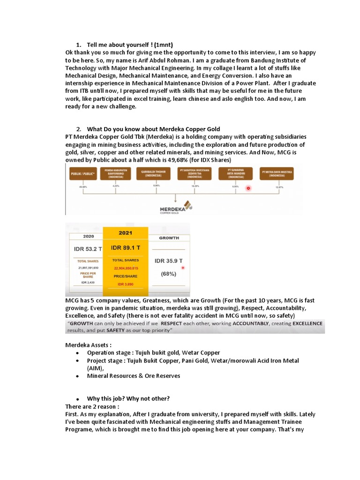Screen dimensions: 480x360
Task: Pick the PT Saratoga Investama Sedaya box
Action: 193,172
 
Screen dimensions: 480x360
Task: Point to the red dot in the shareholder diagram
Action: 248,188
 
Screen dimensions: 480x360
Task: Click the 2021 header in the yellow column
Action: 125,232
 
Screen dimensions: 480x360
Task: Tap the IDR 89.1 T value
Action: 125,247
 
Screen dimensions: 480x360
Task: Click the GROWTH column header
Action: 169,238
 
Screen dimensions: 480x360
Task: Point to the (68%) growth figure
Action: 169,273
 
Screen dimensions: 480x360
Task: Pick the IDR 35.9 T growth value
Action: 169,261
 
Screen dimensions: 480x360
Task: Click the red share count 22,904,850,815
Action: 125,268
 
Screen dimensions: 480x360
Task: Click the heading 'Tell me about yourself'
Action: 124,45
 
